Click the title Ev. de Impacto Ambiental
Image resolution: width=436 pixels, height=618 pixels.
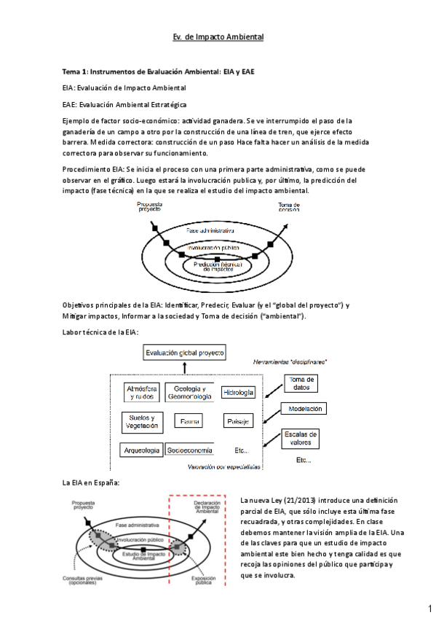218,36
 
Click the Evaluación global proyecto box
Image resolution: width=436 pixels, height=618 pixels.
184,353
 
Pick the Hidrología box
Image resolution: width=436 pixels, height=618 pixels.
238,392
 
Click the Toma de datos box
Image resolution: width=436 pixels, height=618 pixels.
301,383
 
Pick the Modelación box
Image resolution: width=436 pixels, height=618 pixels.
305,410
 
